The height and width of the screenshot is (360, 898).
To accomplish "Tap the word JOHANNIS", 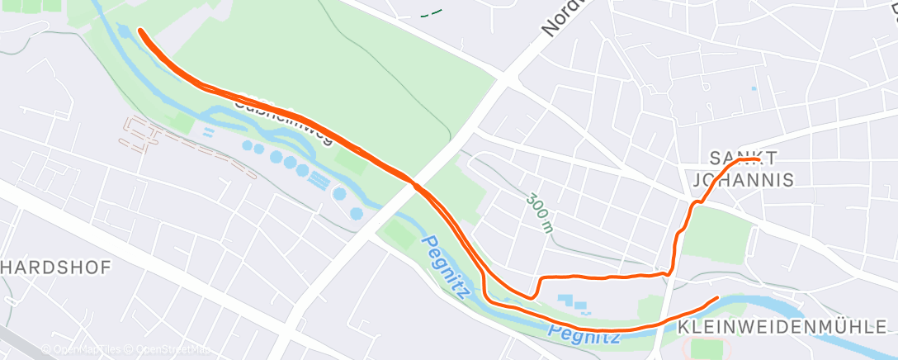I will tap(742, 179).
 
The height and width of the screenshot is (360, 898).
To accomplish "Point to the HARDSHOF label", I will tap(56, 268).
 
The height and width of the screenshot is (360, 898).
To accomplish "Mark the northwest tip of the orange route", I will tap(141, 31).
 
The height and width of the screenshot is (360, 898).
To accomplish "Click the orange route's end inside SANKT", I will tap(757, 160).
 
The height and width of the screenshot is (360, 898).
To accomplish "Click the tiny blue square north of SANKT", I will tap(754, 88).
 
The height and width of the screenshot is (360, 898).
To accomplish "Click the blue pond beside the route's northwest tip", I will tap(125, 33).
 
